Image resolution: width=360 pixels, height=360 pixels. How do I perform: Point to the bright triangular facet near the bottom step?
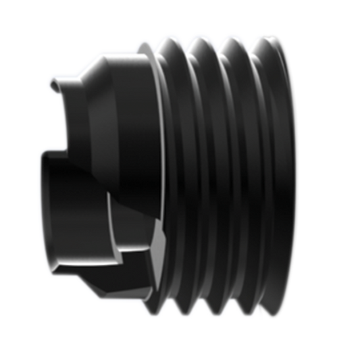tap(159, 240)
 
